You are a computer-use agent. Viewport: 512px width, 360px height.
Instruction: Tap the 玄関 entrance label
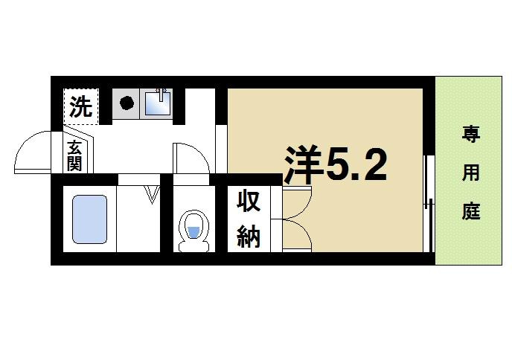(74, 155)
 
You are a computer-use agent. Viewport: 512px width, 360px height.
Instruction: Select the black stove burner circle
(127, 103)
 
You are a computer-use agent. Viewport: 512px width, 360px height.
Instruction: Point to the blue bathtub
(90, 219)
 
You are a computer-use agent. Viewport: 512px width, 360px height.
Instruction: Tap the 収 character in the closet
(248, 202)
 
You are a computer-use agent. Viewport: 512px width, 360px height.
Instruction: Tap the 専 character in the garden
(470, 135)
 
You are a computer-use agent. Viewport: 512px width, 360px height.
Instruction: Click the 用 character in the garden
(470, 174)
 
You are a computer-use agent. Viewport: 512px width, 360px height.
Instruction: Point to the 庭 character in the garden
(470, 211)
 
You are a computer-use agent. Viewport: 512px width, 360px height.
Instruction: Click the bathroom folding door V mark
(154, 195)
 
